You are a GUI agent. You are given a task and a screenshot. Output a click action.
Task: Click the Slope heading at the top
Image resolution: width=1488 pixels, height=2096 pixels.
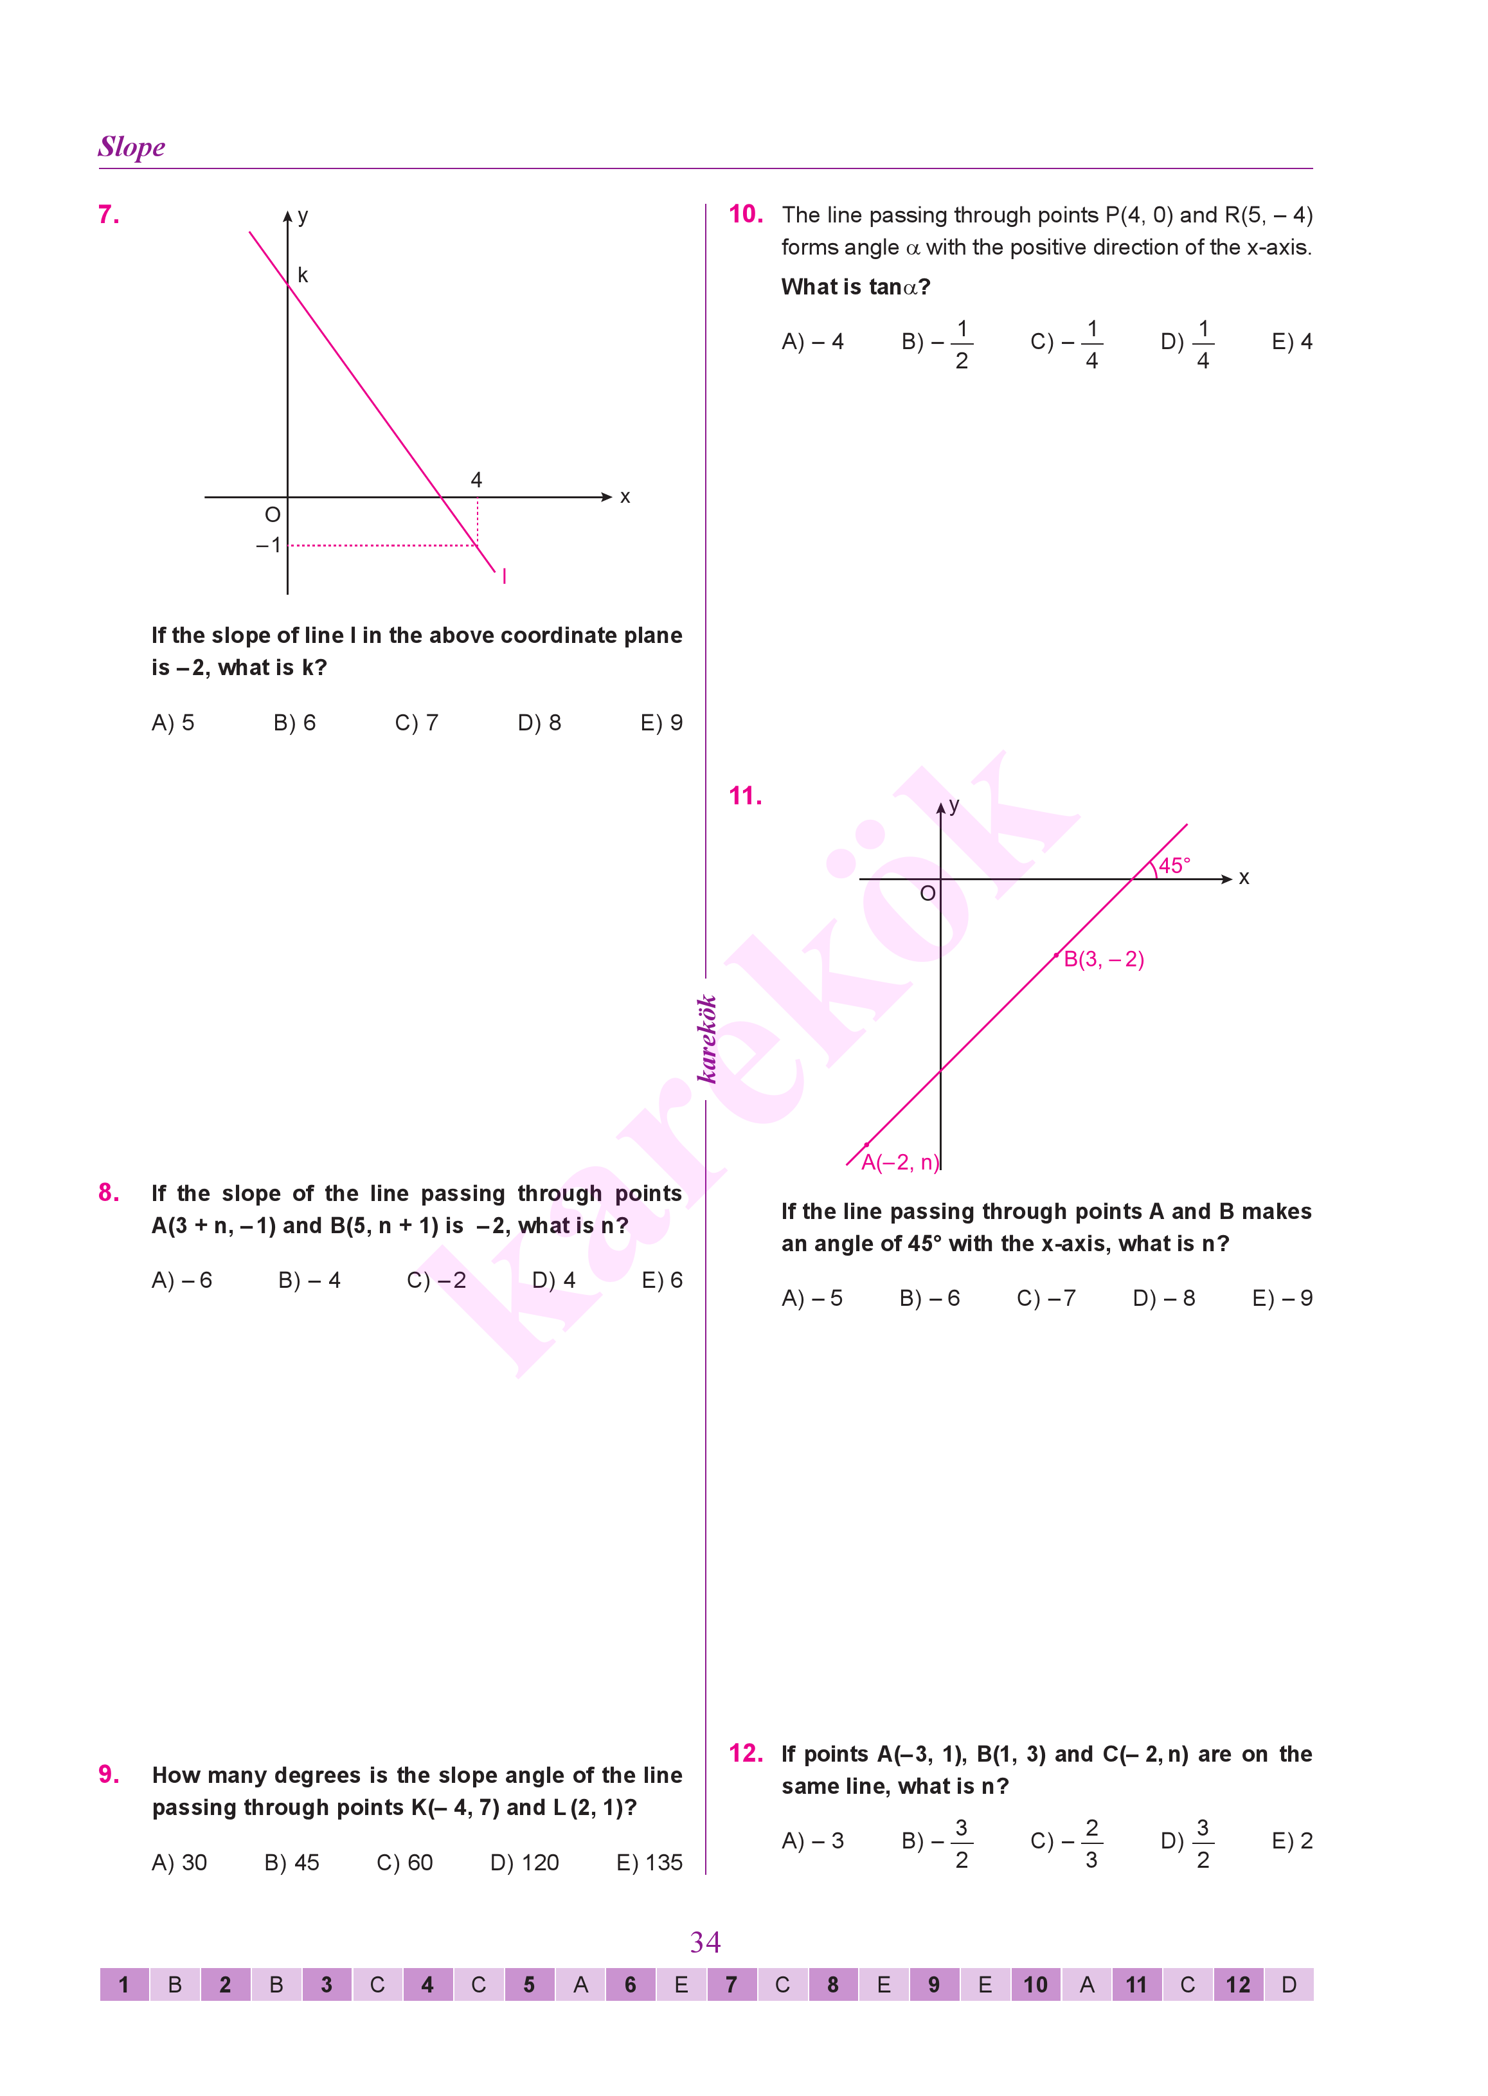click(x=132, y=147)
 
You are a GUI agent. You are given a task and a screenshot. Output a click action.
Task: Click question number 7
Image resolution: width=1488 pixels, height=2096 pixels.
click(x=108, y=215)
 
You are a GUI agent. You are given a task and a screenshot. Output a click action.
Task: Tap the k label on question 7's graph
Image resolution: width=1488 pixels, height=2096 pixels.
click(x=302, y=275)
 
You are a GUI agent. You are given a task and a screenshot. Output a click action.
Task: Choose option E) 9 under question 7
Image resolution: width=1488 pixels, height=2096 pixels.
click(x=661, y=723)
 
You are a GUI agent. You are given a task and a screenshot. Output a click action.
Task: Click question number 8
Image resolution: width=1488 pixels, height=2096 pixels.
click(x=108, y=1193)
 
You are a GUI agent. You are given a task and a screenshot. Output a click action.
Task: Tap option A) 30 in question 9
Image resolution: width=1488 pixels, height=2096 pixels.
click(x=179, y=1863)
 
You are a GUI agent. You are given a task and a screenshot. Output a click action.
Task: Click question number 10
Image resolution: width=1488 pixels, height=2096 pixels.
click(x=745, y=215)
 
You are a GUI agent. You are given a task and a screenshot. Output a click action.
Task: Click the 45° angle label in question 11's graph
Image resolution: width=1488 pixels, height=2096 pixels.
click(x=1174, y=865)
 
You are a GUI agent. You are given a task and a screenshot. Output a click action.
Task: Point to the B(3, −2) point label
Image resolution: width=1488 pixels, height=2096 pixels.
click(x=1103, y=959)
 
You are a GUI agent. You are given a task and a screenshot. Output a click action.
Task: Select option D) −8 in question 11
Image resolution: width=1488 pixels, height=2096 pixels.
click(x=1163, y=1299)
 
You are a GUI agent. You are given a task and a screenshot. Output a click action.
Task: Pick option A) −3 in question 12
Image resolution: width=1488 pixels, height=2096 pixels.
click(x=812, y=1841)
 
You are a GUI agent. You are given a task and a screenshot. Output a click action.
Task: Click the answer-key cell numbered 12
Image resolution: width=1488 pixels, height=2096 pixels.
click(x=1238, y=1985)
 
